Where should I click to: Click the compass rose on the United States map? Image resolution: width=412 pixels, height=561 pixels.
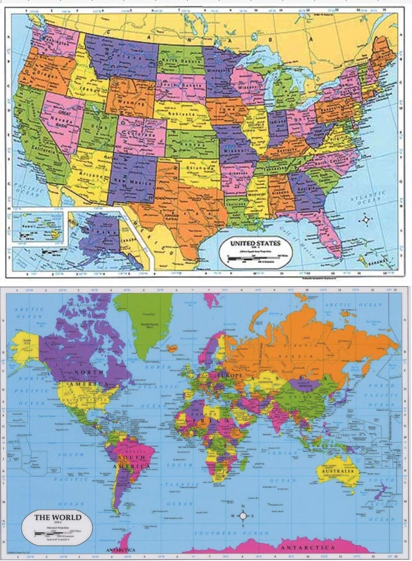coord(366,219)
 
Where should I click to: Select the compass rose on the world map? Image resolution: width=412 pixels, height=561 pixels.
coord(243,516)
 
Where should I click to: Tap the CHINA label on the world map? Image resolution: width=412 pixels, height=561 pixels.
coord(309,400)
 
